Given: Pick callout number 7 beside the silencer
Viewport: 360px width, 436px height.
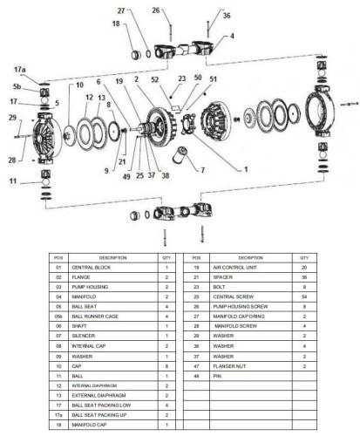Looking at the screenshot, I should pyautogui.click(x=203, y=168).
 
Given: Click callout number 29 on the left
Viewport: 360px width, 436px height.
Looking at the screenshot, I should pyautogui.click(x=13, y=117).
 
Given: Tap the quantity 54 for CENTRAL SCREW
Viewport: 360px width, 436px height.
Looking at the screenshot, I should pyautogui.click(x=303, y=297).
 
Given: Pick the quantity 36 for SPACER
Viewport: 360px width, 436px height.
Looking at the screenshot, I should pyautogui.click(x=303, y=276).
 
